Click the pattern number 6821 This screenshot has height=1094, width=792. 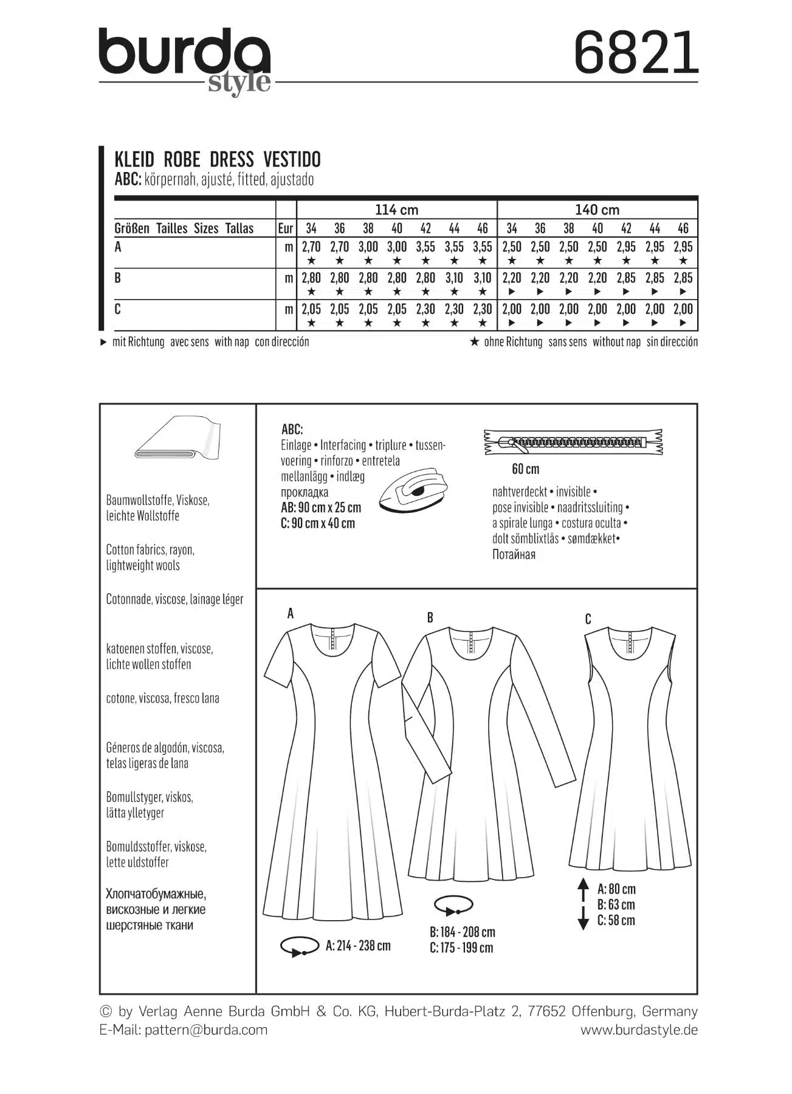[636, 53]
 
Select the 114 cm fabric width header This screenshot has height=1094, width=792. [396, 210]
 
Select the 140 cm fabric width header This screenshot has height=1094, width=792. [597, 210]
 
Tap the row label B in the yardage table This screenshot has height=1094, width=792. [118, 278]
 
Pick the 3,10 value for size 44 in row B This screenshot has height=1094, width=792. [454, 278]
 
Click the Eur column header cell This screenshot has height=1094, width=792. [286, 229]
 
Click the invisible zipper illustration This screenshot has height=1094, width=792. [573, 442]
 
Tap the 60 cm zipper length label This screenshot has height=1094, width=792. [525, 469]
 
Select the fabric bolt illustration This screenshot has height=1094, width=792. [177, 438]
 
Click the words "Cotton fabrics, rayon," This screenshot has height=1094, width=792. [150, 549]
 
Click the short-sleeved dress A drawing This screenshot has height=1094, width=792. [332, 766]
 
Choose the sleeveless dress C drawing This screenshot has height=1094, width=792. [629, 748]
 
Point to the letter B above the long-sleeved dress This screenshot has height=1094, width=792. [430, 618]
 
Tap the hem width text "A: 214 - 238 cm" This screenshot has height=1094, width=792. [358, 946]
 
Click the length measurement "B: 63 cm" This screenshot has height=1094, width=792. [616, 905]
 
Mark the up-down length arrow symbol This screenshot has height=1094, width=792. [583, 904]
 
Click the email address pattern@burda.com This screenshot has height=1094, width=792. [206, 1030]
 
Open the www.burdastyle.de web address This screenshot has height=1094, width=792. [639, 1030]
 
